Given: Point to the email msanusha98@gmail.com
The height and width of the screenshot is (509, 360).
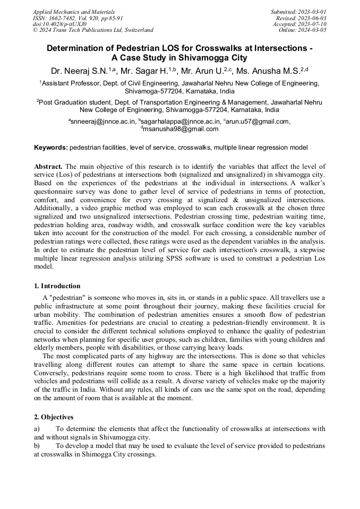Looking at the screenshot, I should pos(181,129).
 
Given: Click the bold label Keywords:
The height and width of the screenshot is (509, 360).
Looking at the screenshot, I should pos(51,147).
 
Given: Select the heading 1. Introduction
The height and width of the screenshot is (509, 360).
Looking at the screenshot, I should pos(57,286).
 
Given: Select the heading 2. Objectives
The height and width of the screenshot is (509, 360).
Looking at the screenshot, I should pos(54,417).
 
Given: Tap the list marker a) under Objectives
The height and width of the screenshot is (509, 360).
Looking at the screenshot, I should pos(37,429).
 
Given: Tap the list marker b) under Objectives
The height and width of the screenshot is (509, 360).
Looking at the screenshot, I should pos(37,446).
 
